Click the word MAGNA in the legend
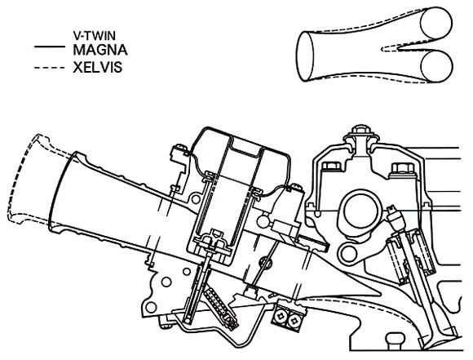[100, 50]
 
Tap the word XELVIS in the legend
[97, 68]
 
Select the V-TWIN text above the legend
[94, 36]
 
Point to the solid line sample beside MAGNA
[50, 47]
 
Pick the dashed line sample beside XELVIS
[50, 68]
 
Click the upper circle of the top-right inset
[436, 24]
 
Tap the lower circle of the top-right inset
[437, 66]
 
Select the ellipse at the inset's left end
[305, 57]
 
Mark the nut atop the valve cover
[360, 130]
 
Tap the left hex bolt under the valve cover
[331, 167]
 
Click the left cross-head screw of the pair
[281, 316]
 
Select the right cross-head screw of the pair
[294, 321]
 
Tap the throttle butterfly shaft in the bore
[265, 263]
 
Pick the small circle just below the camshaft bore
[348, 252]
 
